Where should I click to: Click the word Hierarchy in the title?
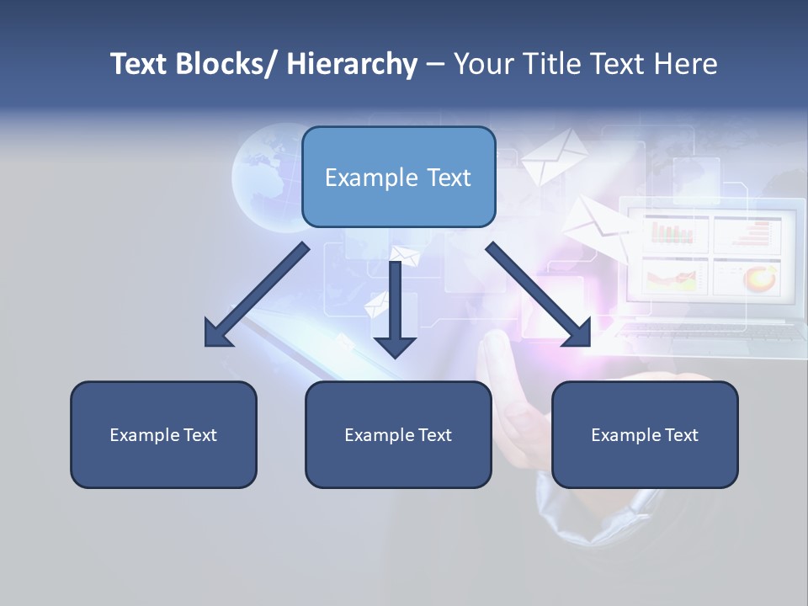352,64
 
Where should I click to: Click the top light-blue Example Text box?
398,177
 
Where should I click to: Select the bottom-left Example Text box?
163,434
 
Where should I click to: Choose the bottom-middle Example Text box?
398,434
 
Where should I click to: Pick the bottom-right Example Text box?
645,434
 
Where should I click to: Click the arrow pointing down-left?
256,295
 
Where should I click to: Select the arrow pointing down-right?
539,295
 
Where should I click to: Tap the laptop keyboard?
712,332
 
